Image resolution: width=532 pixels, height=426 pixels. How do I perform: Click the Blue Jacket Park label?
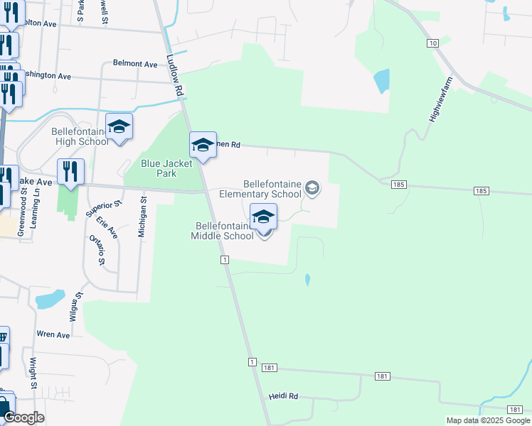[158, 168]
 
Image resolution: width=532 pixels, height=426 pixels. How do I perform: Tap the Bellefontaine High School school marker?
[119, 128]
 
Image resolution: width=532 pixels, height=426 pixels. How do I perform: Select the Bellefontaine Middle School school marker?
[263, 218]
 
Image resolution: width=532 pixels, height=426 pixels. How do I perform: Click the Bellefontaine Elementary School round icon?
[312, 188]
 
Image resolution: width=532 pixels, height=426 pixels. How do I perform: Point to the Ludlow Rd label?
[176, 76]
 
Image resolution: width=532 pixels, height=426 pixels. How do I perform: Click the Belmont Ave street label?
[135, 64]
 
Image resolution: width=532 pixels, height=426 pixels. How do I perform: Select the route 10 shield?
[432, 43]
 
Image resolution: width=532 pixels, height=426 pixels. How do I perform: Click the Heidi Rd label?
[282, 396]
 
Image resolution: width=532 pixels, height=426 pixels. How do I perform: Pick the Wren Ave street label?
[53, 334]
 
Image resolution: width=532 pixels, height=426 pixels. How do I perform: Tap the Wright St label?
[33, 373]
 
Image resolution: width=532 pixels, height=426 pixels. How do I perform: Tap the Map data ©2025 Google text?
[488, 420]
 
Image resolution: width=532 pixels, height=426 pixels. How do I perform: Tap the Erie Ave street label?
[108, 227]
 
